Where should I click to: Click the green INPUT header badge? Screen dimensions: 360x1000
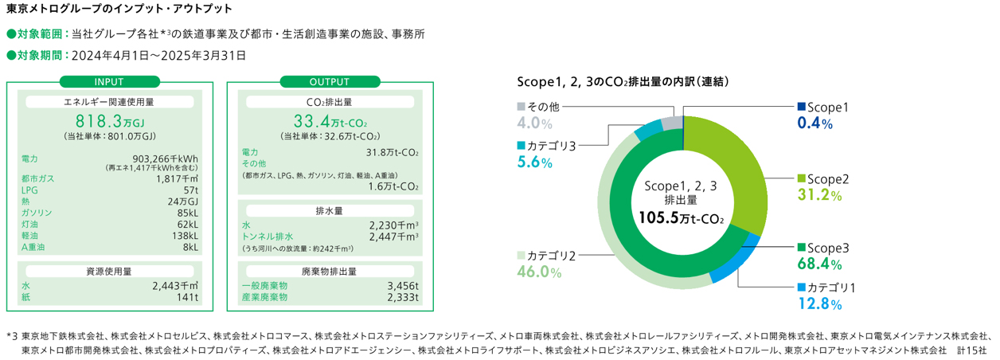click(x=109, y=81)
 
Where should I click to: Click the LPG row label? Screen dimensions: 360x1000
click(x=30, y=191)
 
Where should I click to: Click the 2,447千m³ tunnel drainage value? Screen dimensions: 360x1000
click(x=395, y=237)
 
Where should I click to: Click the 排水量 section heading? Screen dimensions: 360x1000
click(x=330, y=211)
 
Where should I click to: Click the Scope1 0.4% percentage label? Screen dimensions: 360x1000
click(x=815, y=123)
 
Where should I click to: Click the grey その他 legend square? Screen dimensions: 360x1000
click(x=521, y=107)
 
